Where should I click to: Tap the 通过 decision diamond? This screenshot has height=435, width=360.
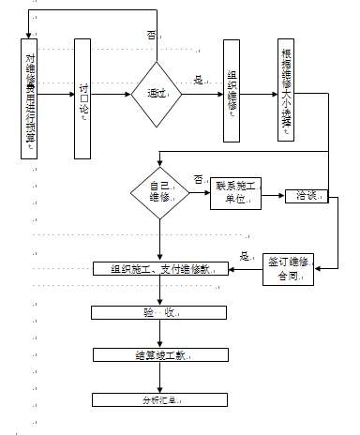click(x=156, y=95)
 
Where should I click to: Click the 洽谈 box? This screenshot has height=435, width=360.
click(x=307, y=196)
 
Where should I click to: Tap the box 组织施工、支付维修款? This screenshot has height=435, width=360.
click(x=161, y=270)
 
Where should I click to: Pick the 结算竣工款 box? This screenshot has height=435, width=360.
click(x=160, y=355)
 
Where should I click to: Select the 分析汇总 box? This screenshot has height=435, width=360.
click(x=160, y=400)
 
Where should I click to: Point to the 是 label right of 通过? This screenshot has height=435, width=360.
click(x=198, y=81)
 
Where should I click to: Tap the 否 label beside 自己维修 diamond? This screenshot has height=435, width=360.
click(x=199, y=178)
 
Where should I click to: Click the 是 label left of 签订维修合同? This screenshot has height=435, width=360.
click(x=245, y=256)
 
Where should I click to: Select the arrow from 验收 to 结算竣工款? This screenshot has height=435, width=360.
click(x=160, y=334)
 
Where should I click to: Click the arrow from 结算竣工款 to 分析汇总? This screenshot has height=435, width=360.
click(x=160, y=378)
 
